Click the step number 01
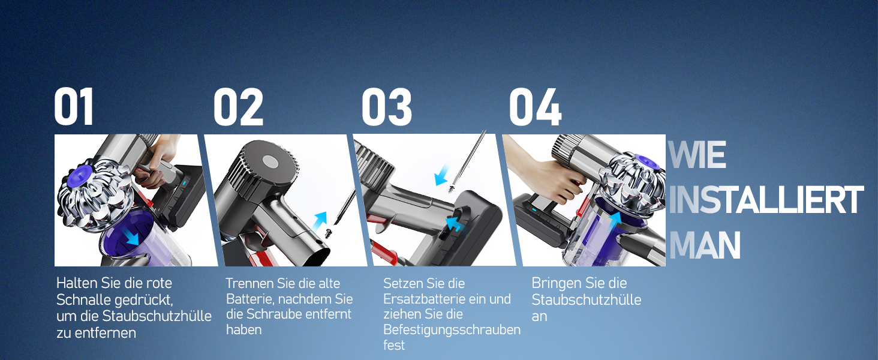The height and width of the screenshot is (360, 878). [x=74, y=106]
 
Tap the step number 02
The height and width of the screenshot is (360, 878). [x=238, y=106]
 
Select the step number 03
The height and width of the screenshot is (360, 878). [x=386, y=106]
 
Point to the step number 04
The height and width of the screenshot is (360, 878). [x=536, y=106]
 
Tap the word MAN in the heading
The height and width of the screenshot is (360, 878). [x=705, y=245]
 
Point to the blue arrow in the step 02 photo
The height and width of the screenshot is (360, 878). [x=320, y=222]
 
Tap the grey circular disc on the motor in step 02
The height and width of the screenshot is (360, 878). [x=270, y=161]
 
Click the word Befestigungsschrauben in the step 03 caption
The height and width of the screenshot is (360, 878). [x=452, y=330]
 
